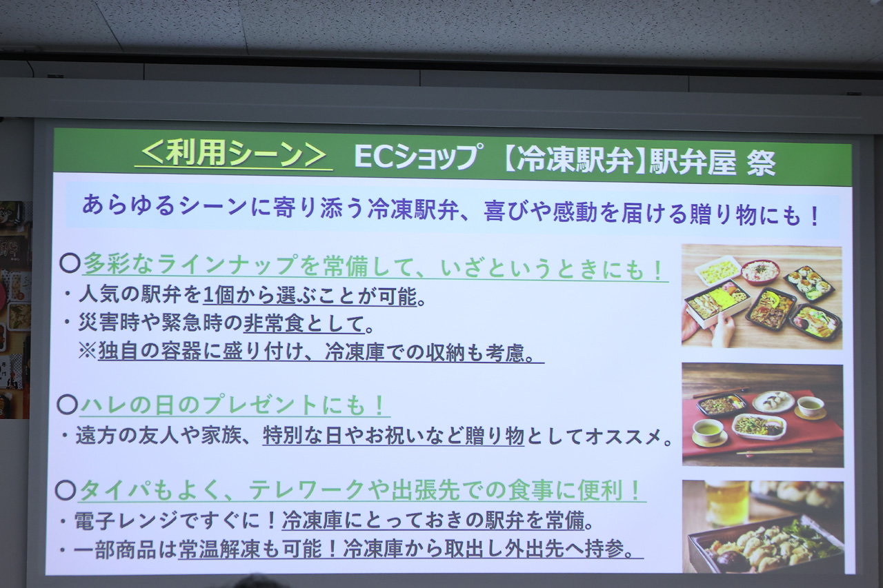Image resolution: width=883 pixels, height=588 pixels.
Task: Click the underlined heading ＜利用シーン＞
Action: (234, 155)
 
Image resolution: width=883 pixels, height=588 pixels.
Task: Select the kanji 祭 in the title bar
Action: (761, 162)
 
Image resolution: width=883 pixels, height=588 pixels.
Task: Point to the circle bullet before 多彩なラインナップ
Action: (70, 263)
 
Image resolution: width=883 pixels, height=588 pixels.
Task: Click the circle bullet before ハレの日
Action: (68, 404)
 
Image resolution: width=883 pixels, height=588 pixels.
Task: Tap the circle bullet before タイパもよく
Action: (66, 490)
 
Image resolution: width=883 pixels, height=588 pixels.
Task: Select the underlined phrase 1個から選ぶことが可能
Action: (310, 296)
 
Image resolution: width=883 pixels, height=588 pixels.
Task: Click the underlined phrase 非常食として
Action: (304, 324)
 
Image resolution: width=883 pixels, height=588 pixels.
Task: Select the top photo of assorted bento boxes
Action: (762, 296)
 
